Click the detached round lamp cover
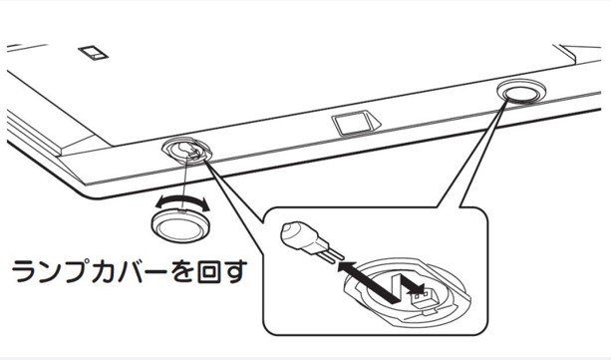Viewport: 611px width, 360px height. (180, 225)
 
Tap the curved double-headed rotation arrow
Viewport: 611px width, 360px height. (182, 200)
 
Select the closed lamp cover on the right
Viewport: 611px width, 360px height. (521, 92)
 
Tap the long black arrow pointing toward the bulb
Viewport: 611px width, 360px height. (367, 282)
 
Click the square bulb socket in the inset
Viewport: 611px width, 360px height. (424, 298)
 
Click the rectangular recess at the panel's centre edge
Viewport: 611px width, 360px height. (356, 123)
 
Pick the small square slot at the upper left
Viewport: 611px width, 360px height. (93, 53)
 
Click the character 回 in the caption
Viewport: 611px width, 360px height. (209, 270)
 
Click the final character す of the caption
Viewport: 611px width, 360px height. (235, 271)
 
